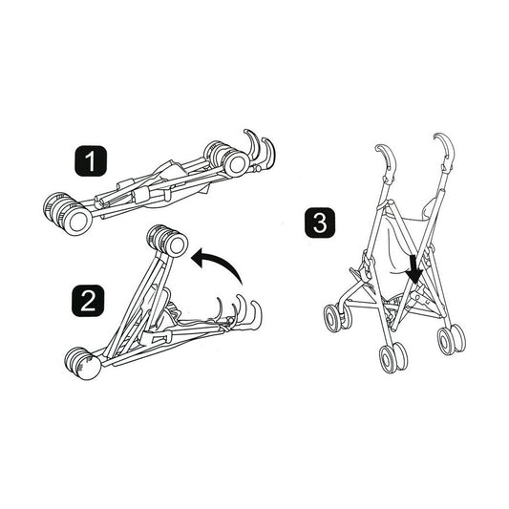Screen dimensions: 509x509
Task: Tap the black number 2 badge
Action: [x=88, y=301]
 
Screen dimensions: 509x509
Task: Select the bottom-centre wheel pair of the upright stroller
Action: [x=392, y=356]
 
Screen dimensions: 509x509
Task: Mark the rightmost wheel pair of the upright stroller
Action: [x=451, y=339]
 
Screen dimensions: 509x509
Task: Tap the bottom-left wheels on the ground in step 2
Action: [x=81, y=364]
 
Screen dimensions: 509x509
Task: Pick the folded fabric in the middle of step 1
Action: [x=143, y=189]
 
